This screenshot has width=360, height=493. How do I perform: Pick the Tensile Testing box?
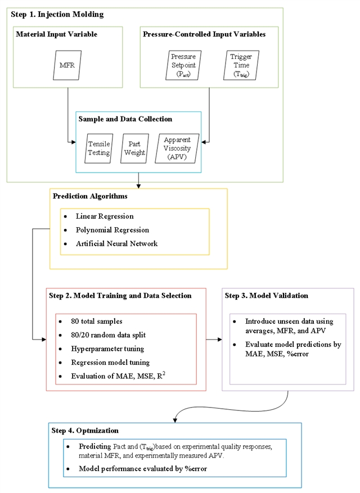point(100,148)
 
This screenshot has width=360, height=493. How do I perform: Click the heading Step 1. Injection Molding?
point(57,13)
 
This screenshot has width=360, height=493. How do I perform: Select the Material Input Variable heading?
point(57,34)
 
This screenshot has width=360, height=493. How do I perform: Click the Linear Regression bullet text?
point(105,216)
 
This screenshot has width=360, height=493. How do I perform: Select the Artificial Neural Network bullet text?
point(117,244)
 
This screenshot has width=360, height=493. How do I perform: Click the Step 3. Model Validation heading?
point(266,295)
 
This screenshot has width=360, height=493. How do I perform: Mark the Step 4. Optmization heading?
point(85,431)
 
